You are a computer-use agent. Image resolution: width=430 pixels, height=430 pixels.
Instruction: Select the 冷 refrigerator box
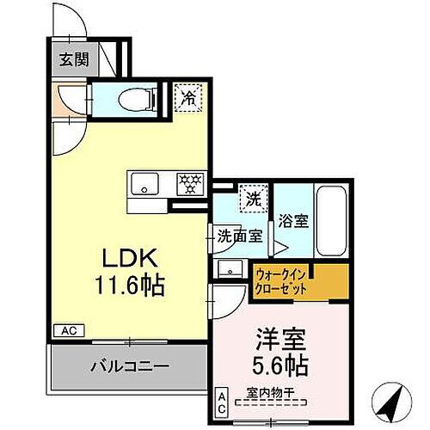coord(187,97)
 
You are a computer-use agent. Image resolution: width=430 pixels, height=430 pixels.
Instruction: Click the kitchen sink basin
coord(143,182)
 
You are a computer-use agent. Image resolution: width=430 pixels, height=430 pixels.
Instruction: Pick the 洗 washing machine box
coord(251,197)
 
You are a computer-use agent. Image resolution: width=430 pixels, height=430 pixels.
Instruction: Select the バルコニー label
coord(130,366)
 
